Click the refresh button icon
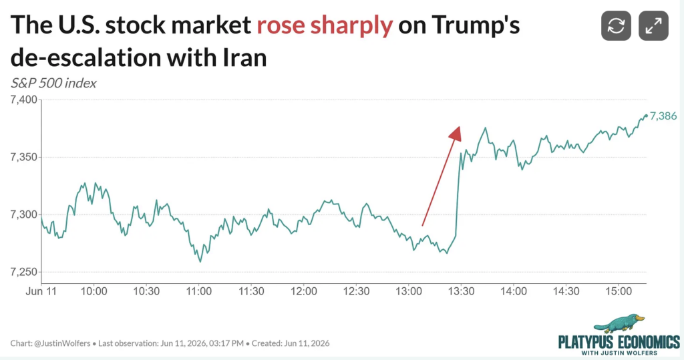click(x=616, y=26)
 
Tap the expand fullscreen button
click(x=653, y=26)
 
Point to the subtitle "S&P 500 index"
click(x=53, y=83)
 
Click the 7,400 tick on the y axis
click(x=23, y=100)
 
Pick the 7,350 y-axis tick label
click(x=23, y=157)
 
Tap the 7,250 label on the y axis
click(x=23, y=272)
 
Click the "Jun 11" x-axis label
click(x=41, y=291)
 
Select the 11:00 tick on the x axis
click(x=199, y=291)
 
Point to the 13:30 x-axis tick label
click(x=461, y=291)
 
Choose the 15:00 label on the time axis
click(x=619, y=291)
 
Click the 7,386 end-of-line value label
click(x=663, y=116)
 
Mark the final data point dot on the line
click(x=646, y=116)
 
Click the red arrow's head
click(x=456, y=134)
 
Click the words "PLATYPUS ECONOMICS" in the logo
click(x=619, y=342)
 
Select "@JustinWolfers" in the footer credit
click(x=62, y=343)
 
